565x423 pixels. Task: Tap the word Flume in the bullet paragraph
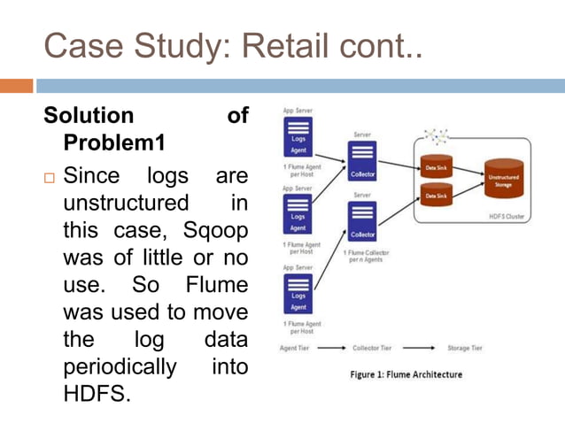(x=217, y=287)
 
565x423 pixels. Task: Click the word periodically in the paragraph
(x=120, y=366)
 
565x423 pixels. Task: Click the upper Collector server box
(x=362, y=162)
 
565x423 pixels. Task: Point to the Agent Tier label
(x=295, y=348)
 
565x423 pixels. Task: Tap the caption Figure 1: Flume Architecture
(x=406, y=374)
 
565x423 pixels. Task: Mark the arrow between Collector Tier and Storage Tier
(x=422, y=348)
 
